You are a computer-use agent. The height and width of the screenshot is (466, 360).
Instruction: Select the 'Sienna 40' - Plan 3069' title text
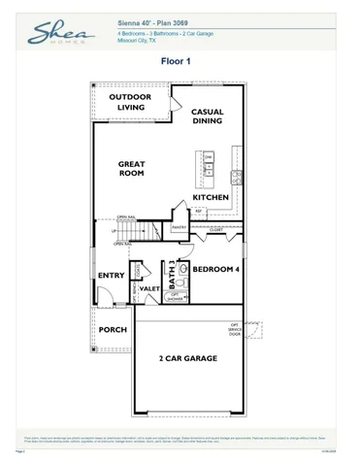point(152,20)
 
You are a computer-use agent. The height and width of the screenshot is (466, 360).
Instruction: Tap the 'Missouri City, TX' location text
point(144,42)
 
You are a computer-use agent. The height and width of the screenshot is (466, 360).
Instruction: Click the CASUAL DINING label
point(208,117)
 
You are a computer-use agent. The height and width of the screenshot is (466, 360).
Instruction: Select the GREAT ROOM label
point(132,170)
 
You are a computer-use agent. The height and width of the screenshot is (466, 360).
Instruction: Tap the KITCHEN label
point(210,198)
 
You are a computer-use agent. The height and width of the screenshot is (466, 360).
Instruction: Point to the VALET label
point(149,288)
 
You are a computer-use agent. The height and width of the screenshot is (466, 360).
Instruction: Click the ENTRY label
point(112,276)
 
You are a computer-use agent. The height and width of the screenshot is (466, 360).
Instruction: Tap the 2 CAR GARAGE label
point(187,358)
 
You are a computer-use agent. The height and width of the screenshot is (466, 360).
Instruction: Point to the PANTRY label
point(179,227)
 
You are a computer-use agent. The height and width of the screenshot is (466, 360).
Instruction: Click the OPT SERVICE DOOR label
point(233,329)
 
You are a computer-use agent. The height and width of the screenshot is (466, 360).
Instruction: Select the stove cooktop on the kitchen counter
point(236,176)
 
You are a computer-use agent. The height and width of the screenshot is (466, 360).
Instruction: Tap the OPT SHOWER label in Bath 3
point(178,297)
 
